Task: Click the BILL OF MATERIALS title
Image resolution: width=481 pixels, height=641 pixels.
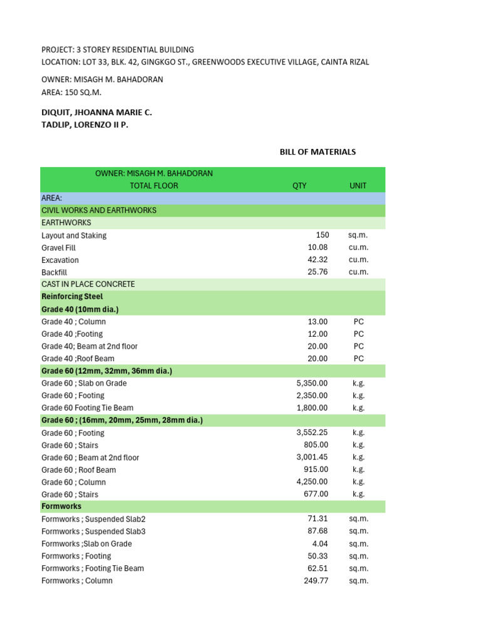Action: coord(318,152)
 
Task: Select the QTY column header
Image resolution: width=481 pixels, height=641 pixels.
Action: coord(299,186)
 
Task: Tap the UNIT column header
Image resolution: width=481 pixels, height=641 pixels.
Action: coord(358,186)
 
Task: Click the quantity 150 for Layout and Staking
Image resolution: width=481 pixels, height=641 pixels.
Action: coord(322,235)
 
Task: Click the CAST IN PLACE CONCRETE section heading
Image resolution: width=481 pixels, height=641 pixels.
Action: coord(88,284)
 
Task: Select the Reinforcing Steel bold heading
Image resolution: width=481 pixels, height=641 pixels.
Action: coord(72,297)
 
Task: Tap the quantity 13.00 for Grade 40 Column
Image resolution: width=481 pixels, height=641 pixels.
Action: coord(318,322)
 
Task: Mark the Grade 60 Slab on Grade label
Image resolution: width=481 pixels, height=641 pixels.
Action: coord(84,383)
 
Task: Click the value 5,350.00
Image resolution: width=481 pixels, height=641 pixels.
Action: coord(312,383)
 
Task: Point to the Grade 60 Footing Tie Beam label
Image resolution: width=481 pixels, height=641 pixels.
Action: coord(87,408)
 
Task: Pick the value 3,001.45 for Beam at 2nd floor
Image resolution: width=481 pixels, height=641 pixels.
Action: coord(312,458)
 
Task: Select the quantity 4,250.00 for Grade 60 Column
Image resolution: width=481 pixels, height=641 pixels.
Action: coord(312,482)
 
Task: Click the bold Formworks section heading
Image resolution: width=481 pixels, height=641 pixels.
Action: coord(61,506)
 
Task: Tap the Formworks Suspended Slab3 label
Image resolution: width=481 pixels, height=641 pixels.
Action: coord(93,531)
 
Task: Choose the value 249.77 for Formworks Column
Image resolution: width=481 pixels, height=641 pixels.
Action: coord(316,581)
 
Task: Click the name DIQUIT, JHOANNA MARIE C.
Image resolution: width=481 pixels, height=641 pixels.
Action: coord(96,113)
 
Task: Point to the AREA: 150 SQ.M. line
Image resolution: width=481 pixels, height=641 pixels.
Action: coord(71,93)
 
